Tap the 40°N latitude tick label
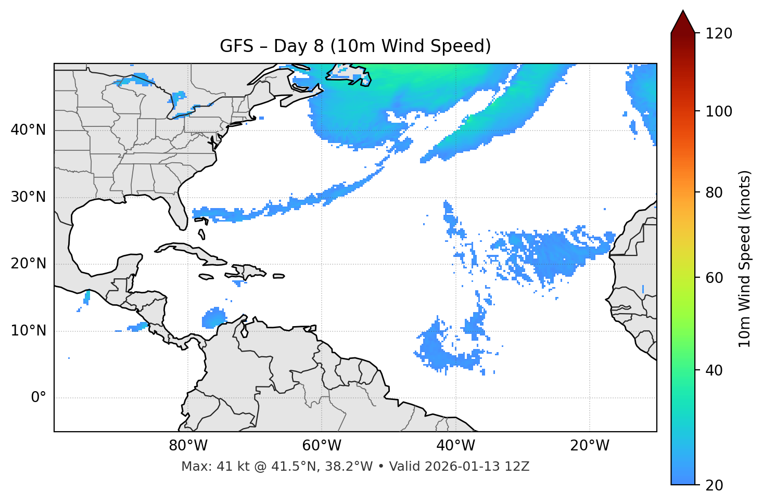(x=28, y=130)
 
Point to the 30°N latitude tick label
(x=28, y=197)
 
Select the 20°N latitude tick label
(x=28, y=264)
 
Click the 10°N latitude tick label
(x=28, y=331)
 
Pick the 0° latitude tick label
(x=39, y=398)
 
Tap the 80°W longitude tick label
(x=188, y=446)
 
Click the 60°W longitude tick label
(x=322, y=446)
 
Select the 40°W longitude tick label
(x=455, y=446)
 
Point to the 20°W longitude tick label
(x=590, y=446)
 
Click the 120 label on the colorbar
(x=719, y=33)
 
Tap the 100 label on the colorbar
(x=719, y=111)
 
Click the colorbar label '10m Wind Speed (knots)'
(x=745, y=259)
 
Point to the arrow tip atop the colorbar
(x=683, y=11)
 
